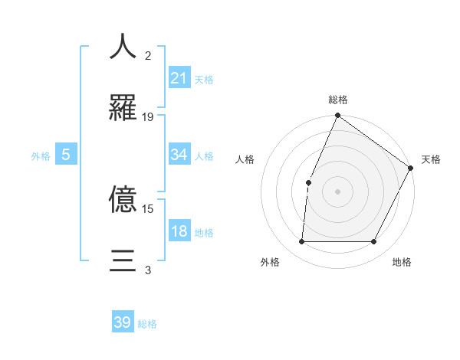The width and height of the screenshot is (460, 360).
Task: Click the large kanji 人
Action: [x=123, y=46]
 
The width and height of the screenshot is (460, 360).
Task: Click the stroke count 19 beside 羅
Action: [x=148, y=117]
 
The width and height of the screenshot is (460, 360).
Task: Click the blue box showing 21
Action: [x=179, y=78]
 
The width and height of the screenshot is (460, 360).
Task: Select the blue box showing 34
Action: [x=179, y=155]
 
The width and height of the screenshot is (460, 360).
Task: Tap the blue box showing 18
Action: [x=179, y=231]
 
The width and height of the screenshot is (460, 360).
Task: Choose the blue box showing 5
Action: [x=66, y=155]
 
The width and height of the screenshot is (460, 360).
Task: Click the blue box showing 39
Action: [x=123, y=323]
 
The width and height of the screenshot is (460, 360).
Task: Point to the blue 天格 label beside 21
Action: [x=204, y=79]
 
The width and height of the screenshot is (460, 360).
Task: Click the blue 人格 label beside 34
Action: [x=204, y=156]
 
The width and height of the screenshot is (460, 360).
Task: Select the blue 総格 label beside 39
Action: [x=147, y=324]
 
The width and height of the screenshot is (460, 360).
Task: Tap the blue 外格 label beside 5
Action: [x=41, y=156]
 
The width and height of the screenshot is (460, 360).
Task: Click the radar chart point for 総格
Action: [x=337, y=116]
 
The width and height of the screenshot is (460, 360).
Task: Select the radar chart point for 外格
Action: [x=301, y=242]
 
